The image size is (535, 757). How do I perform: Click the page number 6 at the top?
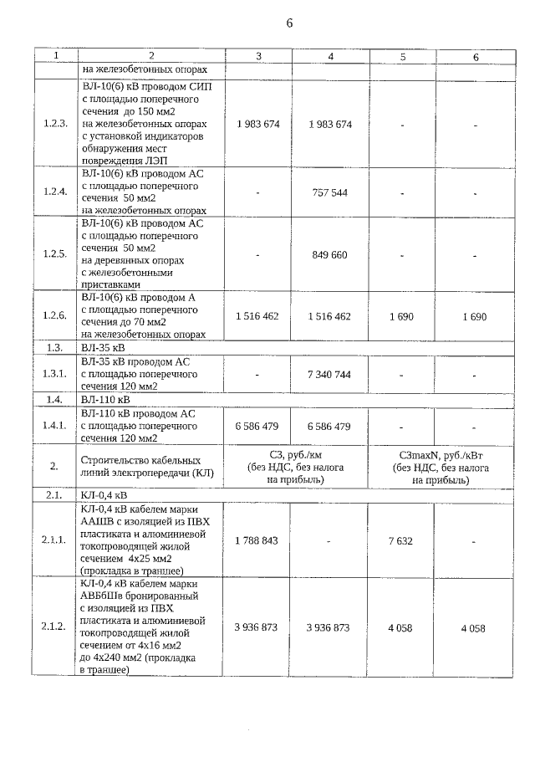pyautogui.click(x=289, y=23)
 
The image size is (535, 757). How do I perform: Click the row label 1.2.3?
pyautogui.click(x=55, y=124)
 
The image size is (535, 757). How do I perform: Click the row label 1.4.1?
pyautogui.click(x=55, y=426)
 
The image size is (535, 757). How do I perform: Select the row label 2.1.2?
pyautogui.click(x=55, y=627)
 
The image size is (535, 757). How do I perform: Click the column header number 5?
pyautogui.click(x=403, y=56)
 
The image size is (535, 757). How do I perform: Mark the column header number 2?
pyautogui.click(x=151, y=56)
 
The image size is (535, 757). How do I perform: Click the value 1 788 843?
pyautogui.click(x=257, y=540)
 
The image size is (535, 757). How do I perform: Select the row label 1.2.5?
pyautogui.click(x=55, y=254)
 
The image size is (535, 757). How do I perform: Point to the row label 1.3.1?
pyautogui.click(x=55, y=374)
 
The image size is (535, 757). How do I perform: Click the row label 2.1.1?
pyautogui.click(x=55, y=540)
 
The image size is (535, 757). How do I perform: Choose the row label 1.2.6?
pyautogui.click(x=55, y=316)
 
